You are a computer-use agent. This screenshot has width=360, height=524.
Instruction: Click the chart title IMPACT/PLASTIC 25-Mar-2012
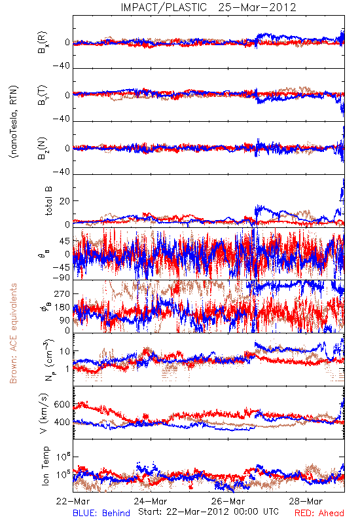click(x=208, y=7)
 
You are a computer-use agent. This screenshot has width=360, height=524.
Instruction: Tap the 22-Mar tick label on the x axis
click(x=73, y=501)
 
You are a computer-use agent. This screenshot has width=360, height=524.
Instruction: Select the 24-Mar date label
click(x=151, y=501)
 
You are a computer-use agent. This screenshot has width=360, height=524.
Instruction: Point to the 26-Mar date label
click(x=228, y=501)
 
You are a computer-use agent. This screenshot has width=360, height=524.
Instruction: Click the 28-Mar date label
click(x=306, y=501)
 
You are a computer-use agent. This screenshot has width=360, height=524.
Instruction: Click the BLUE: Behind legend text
click(x=101, y=513)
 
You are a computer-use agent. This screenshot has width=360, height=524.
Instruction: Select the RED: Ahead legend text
click(x=319, y=513)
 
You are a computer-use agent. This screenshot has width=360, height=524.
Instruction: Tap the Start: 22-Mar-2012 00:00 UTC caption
click(x=208, y=512)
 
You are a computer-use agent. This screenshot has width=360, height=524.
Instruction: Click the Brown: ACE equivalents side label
click(x=13, y=333)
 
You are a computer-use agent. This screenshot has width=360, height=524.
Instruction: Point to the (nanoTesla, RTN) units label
click(x=14, y=122)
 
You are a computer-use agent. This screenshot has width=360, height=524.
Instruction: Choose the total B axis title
click(x=48, y=201)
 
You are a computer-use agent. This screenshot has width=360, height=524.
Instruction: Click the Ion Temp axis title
click(x=45, y=466)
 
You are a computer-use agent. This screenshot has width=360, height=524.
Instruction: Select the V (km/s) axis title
click(x=44, y=413)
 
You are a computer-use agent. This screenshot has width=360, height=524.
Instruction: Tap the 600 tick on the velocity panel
click(x=62, y=404)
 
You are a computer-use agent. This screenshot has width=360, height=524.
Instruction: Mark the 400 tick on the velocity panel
click(x=62, y=422)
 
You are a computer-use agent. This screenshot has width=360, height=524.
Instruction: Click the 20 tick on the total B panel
click(x=65, y=201)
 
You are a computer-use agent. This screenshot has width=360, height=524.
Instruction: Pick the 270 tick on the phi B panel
click(x=62, y=293)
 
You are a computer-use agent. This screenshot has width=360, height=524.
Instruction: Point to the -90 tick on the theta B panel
click(x=62, y=278)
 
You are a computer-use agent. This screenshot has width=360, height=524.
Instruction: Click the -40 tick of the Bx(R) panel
click(x=62, y=66)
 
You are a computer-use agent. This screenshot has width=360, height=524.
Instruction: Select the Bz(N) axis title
click(x=43, y=148)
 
